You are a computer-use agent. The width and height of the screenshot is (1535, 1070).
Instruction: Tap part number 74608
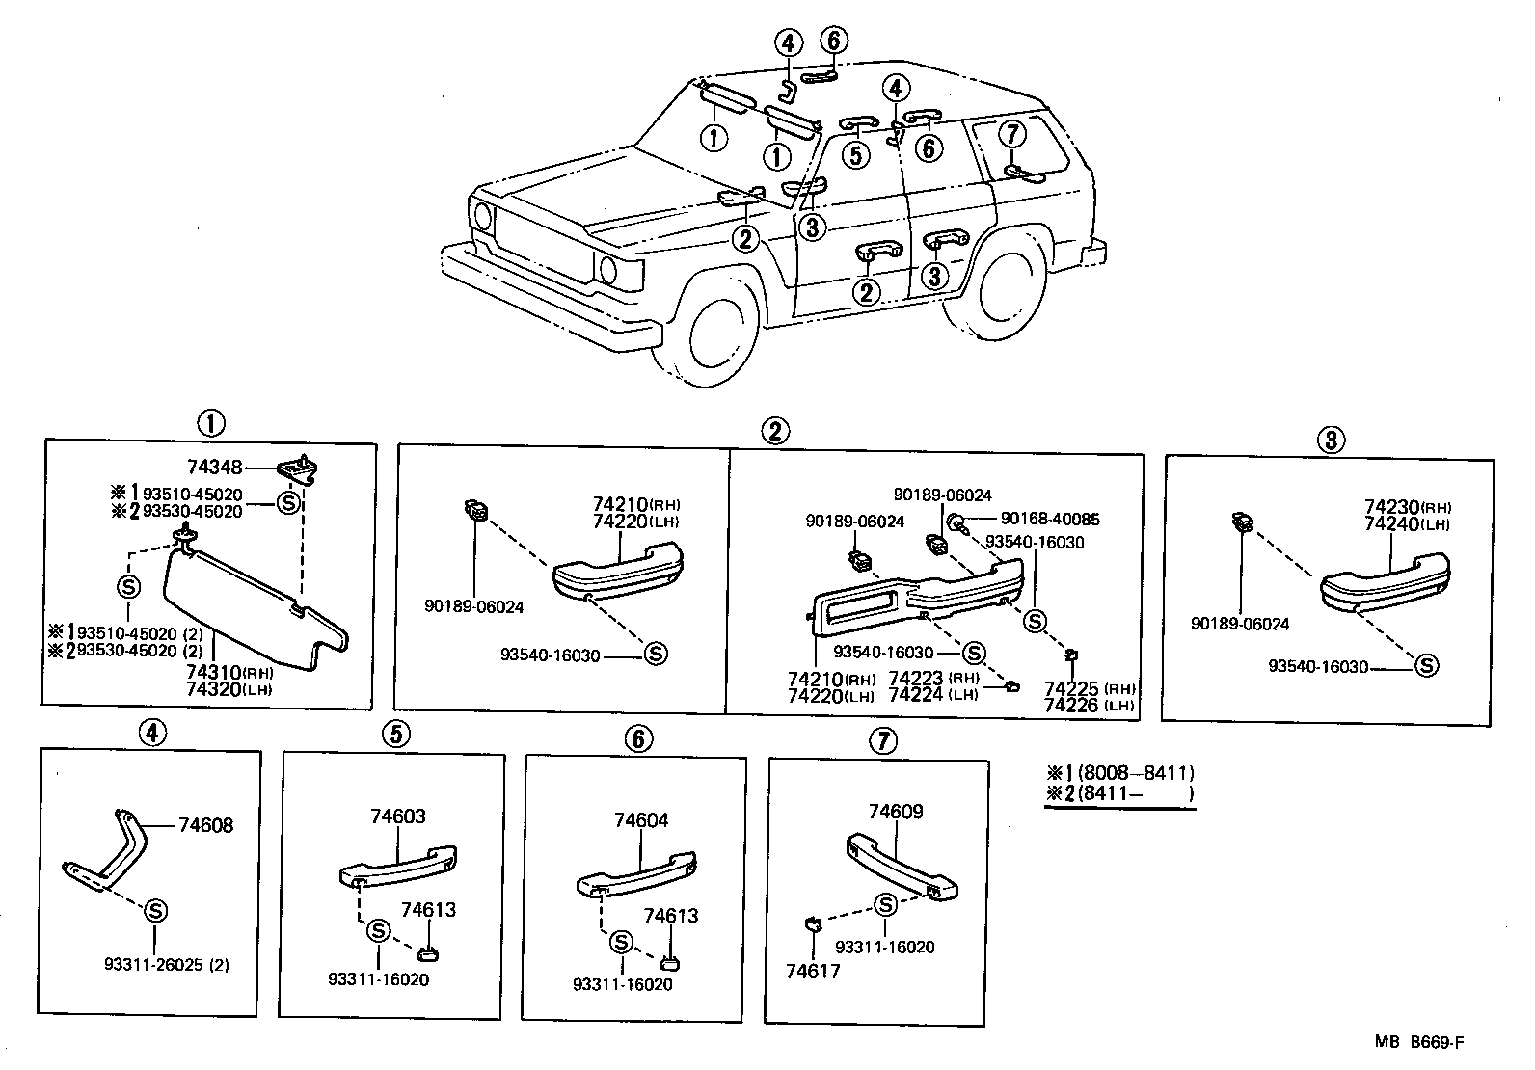pyautogui.click(x=205, y=825)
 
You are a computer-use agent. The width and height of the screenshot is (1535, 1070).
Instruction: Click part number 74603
pyautogui.click(x=398, y=816)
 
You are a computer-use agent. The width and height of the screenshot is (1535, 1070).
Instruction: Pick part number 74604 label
pyautogui.click(x=641, y=820)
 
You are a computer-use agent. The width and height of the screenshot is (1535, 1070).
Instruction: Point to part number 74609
pyautogui.click(x=896, y=812)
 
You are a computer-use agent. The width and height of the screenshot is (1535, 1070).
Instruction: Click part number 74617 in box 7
pyautogui.click(x=814, y=971)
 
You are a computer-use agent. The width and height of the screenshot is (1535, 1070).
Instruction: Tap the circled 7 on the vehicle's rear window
pyautogui.click(x=1010, y=134)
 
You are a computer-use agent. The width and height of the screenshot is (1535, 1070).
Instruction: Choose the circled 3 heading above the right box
pyautogui.click(x=1331, y=441)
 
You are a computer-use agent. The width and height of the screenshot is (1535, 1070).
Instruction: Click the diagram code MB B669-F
pyautogui.click(x=1425, y=1042)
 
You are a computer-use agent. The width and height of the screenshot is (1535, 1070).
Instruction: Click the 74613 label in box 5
pyautogui.click(x=428, y=910)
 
